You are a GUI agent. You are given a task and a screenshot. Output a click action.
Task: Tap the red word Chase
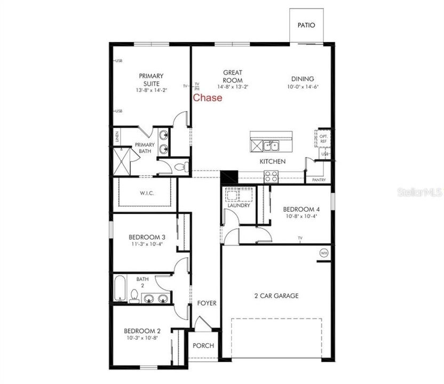tap(208, 98)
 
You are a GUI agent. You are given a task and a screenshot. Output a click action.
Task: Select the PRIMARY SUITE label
tap(151, 79)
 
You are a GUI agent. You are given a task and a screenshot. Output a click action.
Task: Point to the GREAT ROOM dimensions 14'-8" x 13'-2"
tap(233, 86)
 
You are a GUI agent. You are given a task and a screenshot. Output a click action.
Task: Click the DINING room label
tap(303, 79)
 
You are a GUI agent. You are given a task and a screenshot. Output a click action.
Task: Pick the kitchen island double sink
tap(272, 146)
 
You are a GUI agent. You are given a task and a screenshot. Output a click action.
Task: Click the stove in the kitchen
tap(271, 176)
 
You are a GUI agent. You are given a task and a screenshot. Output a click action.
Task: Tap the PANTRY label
tap(319, 180)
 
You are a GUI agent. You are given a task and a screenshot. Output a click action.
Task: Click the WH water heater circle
tap(324, 253)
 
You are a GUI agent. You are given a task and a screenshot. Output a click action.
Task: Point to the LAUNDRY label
tap(239, 205)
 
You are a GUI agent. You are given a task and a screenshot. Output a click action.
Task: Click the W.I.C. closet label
tap(147, 193)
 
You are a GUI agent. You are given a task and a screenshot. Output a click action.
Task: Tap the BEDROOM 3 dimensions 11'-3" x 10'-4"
tap(146, 244)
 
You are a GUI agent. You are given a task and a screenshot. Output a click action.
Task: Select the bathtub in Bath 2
tap(121, 290)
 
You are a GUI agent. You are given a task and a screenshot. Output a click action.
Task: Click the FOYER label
tap(207, 303)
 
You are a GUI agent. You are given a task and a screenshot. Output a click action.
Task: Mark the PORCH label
tap(203, 346)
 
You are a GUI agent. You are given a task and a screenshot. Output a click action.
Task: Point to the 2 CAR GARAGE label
tap(275, 295)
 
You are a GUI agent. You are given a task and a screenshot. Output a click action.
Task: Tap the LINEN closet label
tap(116, 137)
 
